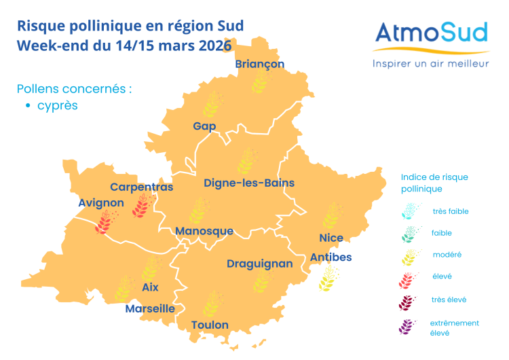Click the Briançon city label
[259, 64]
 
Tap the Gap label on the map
[204, 126]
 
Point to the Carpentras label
[142, 187]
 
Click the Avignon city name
[101, 202]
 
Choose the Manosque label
[204, 231]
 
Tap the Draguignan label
[260, 264]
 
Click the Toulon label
[210, 325]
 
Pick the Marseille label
[150, 308]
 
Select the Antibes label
[331, 257]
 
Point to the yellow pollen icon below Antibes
[329, 278]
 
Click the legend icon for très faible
[409, 211]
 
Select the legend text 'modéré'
[447, 255]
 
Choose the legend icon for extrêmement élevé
[408, 327]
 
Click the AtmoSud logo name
[432, 33]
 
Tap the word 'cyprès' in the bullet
[58, 106]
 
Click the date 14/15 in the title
[137, 46]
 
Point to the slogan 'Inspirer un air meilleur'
[430, 63]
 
